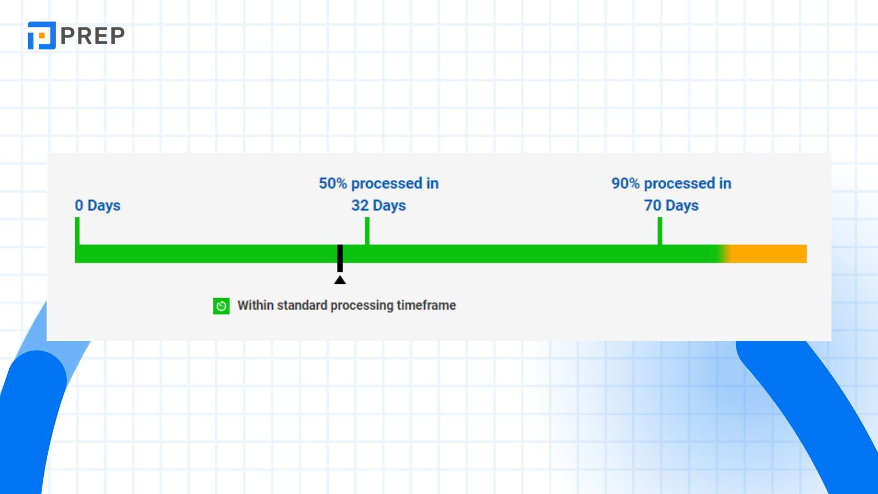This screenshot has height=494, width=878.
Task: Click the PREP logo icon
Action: pos(42,36)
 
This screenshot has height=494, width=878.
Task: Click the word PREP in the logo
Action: pos(93,36)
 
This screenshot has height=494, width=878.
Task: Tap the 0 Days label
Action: pos(98,205)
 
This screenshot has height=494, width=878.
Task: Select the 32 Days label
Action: pos(379,205)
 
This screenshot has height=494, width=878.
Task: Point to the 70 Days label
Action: pos(671,205)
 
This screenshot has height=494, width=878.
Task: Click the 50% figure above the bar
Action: pos(333,183)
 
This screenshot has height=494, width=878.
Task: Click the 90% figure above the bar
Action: pos(626,183)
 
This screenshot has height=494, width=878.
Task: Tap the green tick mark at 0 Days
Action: pos(77,231)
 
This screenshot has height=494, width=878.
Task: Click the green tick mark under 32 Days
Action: pos(367,231)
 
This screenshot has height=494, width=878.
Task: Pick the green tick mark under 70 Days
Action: pos(660,231)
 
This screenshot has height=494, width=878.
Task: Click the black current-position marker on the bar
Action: pos(340,257)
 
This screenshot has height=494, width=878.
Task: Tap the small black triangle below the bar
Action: pos(340,280)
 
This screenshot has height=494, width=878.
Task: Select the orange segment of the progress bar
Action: pos(768,254)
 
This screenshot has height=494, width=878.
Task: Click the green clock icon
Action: pos(221,306)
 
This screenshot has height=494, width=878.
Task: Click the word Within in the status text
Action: pos(255,305)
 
